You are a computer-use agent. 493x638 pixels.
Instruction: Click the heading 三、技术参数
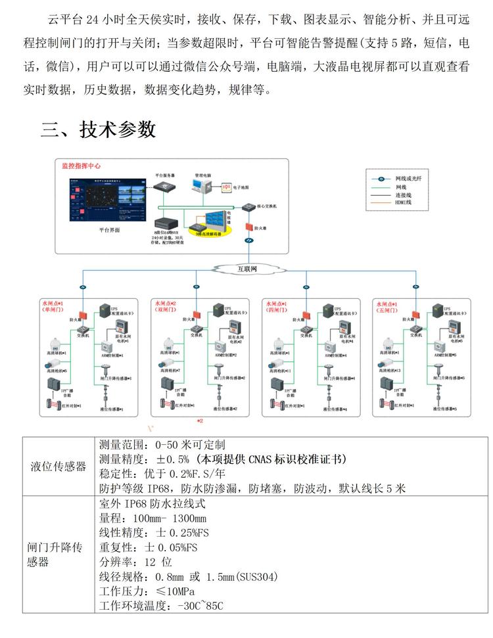tap(99, 129)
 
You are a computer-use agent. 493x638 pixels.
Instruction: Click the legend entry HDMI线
tap(403, 203)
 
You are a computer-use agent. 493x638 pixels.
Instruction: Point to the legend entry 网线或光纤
tap(408, 179)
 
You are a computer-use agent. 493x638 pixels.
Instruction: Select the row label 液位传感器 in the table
tap(59, 466)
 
